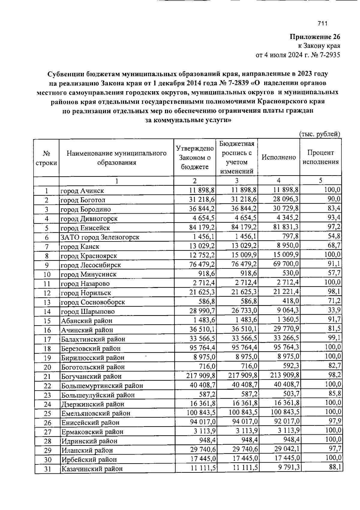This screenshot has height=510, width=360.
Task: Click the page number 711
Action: click(322, 24)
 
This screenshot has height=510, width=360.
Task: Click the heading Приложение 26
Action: click(315, 37)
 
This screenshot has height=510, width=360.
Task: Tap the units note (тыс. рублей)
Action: click(320, 134)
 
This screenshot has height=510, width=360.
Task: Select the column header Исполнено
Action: click(279, 157)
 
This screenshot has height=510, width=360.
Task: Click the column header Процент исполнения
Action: click(320, 157)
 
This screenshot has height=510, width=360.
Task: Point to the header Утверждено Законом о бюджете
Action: click(195, 157)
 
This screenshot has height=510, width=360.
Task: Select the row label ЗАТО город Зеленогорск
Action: click(100, 237)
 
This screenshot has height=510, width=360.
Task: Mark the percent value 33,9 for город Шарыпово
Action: click(334, 310)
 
